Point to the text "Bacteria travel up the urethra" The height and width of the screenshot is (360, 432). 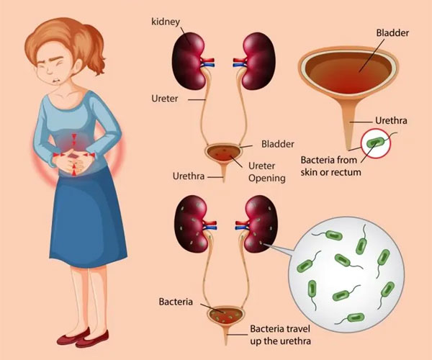pos(289,333)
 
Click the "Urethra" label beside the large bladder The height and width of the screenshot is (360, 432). pos(392,121)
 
